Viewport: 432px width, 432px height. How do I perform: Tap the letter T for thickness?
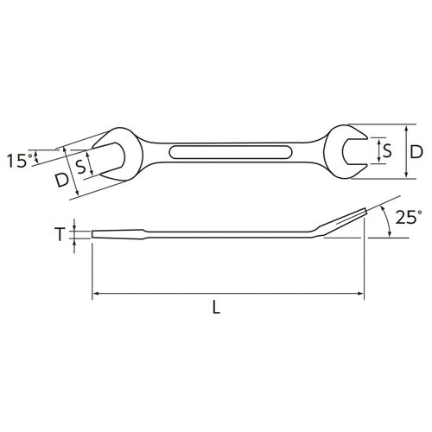(x=60, y=234)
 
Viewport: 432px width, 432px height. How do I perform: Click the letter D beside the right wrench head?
(x=416, y=151)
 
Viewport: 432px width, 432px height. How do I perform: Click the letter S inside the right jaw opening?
(x=387, y=151)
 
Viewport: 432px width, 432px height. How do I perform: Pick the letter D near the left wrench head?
(x=60, y=181)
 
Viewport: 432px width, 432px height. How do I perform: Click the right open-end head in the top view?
(x=342, y=151)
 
